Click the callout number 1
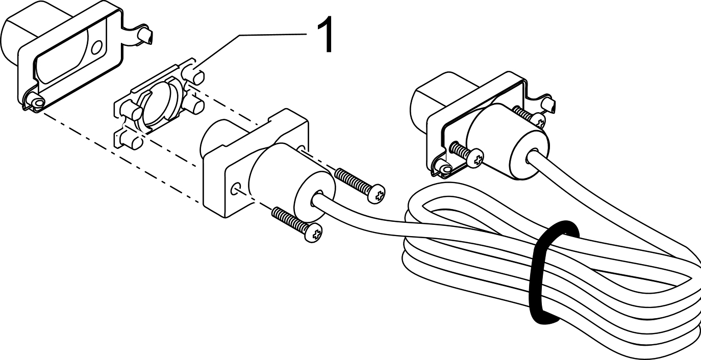click(x=325, y=35)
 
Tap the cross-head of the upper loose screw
click(x=376, y=194)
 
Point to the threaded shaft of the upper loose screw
click(x=353, y=181)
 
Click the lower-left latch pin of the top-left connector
click(x=37, y=101)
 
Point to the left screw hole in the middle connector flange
click(x=235, y=189)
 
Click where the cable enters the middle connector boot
click(x=317, y=199)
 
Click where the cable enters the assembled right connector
click(x=532, y=157)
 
